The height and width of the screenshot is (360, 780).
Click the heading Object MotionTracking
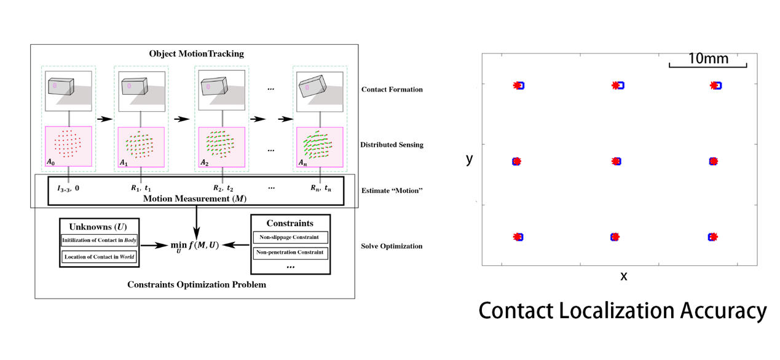click(x=196, y=53)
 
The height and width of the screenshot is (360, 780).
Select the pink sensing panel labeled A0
click(x=68, y=147)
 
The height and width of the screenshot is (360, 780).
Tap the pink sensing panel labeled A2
click(x=221, y=147)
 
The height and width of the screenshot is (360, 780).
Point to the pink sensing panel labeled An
click(x=320, y=147)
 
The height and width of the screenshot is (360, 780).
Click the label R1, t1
click(x=140, y=189)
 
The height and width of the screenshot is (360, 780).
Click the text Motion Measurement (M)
click(x=191, y=198)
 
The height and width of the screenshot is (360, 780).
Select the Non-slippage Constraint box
click(x=290, y=237)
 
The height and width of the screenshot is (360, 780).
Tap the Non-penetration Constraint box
click(x=290, y=252)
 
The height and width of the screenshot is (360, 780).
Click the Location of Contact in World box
click(x=99, y=257)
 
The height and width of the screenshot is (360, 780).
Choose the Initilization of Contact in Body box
click(x=99, y=240)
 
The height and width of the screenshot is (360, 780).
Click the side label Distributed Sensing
click(x=392, y=145)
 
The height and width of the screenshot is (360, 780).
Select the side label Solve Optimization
click(x=392, y=246)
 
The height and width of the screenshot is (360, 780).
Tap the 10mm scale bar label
click(x=708, y=59)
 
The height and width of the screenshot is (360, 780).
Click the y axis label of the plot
click(x=470, y=158)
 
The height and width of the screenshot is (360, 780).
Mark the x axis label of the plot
click(x=624, y=276)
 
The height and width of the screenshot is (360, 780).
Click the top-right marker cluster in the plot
click(x=715, y=86)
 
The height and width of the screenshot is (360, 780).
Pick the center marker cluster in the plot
click(x=617, y=162)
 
